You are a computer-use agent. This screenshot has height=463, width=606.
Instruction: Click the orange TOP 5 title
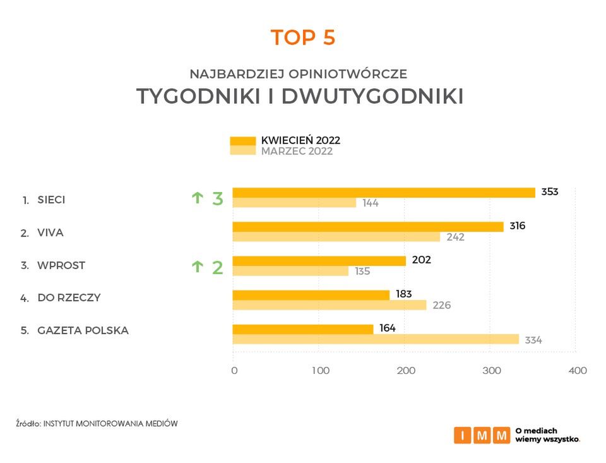(303, 38)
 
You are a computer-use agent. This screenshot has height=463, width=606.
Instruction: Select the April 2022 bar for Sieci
(384, 193)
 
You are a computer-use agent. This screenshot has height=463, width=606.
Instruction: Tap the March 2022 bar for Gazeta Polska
(376, 339)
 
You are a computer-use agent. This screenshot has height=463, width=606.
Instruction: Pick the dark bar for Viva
(368, 227)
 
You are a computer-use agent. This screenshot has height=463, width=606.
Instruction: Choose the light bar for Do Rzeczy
(330, 305)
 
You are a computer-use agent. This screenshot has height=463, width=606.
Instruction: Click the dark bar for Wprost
(319, 261)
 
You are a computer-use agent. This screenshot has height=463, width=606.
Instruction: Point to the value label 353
(550, 192)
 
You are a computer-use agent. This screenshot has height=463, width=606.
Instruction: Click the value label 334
(533, 340)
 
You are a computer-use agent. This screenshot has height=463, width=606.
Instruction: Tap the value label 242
(455, 238)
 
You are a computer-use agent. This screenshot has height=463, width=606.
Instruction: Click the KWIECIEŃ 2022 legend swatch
(242, 141)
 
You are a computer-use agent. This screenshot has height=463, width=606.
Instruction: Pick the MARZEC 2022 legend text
(297, 152)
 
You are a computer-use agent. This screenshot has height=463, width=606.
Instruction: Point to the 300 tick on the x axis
(492, 371)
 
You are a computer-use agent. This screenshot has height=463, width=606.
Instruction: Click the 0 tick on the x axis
(234, 371)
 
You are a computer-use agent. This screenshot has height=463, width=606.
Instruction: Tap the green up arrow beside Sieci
(198, 198)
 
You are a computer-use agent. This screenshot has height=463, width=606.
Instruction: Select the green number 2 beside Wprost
(217, 267)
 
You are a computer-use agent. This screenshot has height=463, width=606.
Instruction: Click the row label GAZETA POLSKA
(83, 330)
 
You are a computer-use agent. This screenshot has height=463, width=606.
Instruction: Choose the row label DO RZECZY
(69, 298)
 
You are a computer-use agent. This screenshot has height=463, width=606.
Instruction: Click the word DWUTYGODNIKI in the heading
(372, 97)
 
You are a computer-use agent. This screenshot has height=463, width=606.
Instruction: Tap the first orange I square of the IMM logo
(462, 435)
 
